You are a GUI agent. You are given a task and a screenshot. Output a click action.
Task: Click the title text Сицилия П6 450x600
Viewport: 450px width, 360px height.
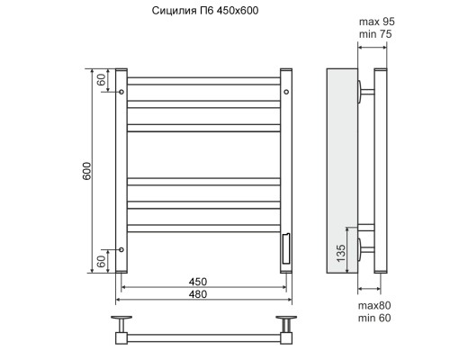[205, 11]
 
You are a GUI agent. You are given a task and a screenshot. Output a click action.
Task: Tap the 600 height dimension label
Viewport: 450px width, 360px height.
[86, 171]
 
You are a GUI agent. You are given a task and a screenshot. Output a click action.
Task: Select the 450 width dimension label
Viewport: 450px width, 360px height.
[198, 282]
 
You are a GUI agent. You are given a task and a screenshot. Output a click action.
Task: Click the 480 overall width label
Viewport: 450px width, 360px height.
[198, 294]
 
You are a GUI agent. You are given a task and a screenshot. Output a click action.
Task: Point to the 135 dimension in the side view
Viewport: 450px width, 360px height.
[341, 253]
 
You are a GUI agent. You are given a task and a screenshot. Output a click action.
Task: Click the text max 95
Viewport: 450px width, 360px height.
[377, 22]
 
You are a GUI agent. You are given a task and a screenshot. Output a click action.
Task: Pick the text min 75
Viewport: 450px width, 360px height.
[375, 34]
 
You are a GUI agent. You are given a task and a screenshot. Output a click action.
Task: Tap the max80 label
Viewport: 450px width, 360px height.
[374, 306]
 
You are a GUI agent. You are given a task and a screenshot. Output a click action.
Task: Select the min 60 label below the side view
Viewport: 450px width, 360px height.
[374, 318]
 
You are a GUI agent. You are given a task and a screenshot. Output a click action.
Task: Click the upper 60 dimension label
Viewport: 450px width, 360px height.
[102, 79]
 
